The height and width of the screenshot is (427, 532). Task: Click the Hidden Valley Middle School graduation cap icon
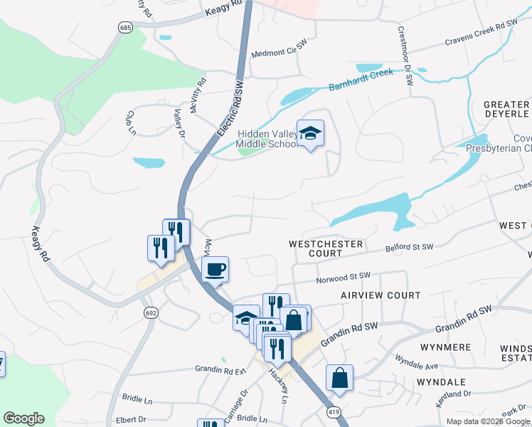[x=310, y=133]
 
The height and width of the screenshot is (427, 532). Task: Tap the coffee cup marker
[x=215, y=270]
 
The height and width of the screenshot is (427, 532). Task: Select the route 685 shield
[x=126, y=27]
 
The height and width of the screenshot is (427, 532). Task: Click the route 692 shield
[x=151, y=312]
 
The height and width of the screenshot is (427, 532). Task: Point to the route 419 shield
[x=332, y=411]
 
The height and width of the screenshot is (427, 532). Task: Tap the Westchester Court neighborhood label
[x=326, y=248]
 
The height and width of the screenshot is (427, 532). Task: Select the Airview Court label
[x=381, y=295]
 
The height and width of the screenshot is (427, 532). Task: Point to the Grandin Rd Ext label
[x=220, y=369]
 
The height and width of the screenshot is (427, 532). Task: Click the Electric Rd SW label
[x=230, y=110]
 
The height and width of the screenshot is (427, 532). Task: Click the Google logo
[x=23, y=418]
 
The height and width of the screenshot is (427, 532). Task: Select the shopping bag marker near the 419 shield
[x=340, y=378]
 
